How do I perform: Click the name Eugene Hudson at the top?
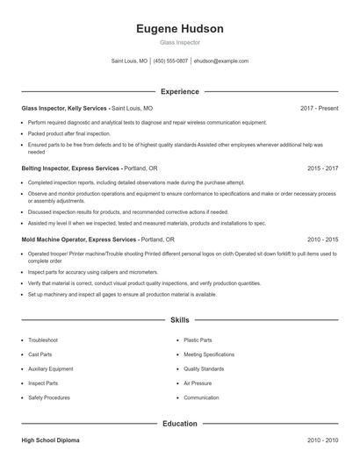pyautogui.click(x=180, y=28)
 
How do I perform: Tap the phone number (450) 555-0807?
pyautogui.click(x=171, y=61)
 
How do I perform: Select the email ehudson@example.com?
pyautogui.click(x=221, y=61)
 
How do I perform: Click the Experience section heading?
pyautogui.click(x=180, y=91)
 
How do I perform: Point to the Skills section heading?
pyautogui.click(x=180, y=321)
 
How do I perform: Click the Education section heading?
pyautogui.click(x=180, y=424)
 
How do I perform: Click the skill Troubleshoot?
pyautogui.click(x=43, y=340)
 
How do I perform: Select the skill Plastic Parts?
pyautogui.click(x=198, y=340)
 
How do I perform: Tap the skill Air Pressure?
pyautogui.click(x=198, y=383)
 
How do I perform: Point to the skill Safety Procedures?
pyautogui.click(x=49, y=397)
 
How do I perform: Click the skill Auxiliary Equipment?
pyautogui.click(x=50, y=368)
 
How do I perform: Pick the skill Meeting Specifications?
pyautogui.click(x=208, y=354)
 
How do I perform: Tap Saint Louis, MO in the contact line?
pyautogui.click(x=129, y=61)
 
